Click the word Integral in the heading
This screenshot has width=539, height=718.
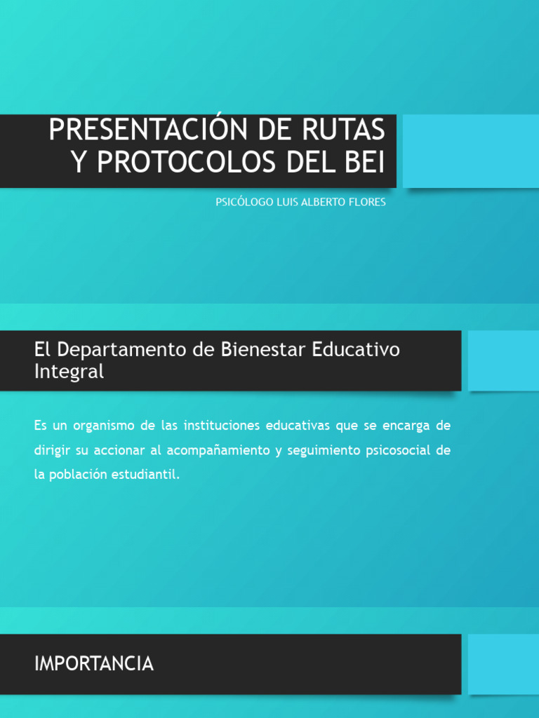click(x=69, y=372)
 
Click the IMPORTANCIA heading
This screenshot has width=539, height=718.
click(x=94, y=664)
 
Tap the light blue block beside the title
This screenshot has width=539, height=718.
click(x=471, y=151)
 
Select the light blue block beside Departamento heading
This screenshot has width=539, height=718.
click(x=503, y=360)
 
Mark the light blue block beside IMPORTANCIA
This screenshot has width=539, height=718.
click(x=503, y=664)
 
